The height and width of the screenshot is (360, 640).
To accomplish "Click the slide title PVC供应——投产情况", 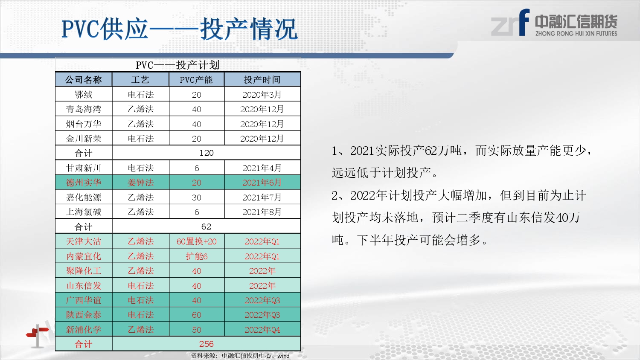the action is pos(180,29).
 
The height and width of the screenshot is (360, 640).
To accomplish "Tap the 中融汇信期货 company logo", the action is pos(554,23).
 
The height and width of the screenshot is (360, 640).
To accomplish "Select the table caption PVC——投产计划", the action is pos(178,65).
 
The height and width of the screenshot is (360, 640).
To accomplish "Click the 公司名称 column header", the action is pos(84,80).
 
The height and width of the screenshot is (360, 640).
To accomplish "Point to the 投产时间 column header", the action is pos(262,80).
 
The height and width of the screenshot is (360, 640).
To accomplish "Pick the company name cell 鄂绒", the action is pos(84,95).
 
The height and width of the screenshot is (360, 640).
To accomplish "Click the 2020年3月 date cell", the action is pos(262,95).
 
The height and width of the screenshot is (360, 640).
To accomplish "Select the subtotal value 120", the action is pos(206,153).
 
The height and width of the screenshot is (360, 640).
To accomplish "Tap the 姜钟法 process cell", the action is pos(140,183).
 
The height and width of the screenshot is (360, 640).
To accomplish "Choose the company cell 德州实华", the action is pos(84,183).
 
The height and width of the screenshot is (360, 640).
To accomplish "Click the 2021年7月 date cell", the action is pos(262,197).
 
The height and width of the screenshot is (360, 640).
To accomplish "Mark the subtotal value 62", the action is pos(206,226).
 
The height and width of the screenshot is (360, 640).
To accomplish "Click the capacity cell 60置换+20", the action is pos(197,241).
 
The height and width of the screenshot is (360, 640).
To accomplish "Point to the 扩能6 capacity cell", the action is pos(197,256).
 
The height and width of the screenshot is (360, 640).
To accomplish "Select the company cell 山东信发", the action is pos(84,285).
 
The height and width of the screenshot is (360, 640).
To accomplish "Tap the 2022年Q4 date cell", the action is pos(262,330).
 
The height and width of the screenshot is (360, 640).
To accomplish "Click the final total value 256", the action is pos(206,344).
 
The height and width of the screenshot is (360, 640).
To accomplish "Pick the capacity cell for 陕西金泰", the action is pos(197,315).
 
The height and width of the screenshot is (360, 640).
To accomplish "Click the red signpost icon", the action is pos(38,336).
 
